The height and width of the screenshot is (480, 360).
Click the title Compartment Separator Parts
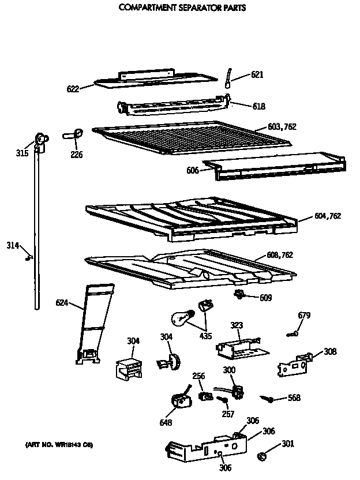(x=182, y=8)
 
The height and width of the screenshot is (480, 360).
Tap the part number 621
(x=257, y=74)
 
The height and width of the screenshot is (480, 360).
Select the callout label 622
(x=73, y=88)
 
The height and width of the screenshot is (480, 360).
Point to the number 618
(x=259, y=106)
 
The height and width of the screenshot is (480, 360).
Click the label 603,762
(x=282, y=127)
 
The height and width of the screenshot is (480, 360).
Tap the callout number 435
(x=205, y=336)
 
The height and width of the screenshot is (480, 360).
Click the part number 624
(x=62, y=302)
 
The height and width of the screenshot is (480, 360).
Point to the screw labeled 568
(x=267, y=398)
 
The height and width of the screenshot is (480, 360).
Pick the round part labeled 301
(x=261, y=456)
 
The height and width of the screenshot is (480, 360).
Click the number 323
(x=237, y=325)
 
